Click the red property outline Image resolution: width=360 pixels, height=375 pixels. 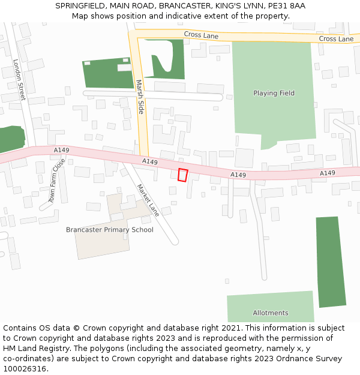pyautogui.click(x=183, y=175)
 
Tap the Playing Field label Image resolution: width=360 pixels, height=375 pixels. pyautogui.click(x=274, y=94)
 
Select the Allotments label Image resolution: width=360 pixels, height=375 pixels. pyautogui.click(x=271, y=313)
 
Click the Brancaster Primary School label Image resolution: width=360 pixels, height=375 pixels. pyautogui.click(x=110, y=230)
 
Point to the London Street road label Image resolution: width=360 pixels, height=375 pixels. pyautogui.click(x=19, y=79)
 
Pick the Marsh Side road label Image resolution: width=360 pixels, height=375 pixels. pyautogui.click(x=140, y=97)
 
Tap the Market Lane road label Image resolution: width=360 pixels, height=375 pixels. pyautogui.click(x=147, y=200)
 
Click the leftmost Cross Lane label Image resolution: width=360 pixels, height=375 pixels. pyautogui.click(x=201, y=35)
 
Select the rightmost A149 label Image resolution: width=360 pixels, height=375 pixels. pyautogui.click(x=328, y=173)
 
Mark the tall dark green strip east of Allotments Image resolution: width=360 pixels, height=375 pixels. pyautogui.click(x=331, y=262)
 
